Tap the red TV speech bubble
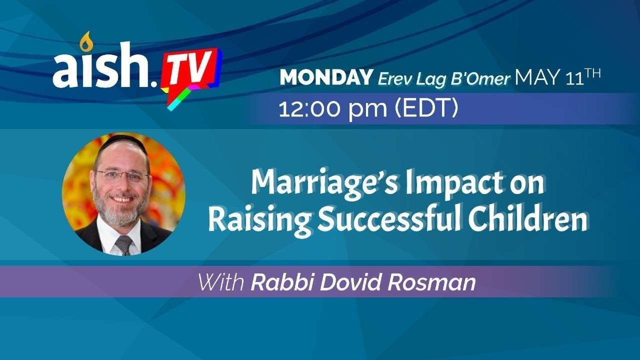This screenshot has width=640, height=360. click(191, 75)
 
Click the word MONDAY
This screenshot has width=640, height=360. click(326, 77)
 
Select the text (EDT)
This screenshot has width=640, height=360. click(426, 108)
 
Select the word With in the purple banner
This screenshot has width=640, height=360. click(221, 282)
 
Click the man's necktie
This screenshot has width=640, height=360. click(124, 244)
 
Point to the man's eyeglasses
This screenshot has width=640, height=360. click(123, 175)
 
